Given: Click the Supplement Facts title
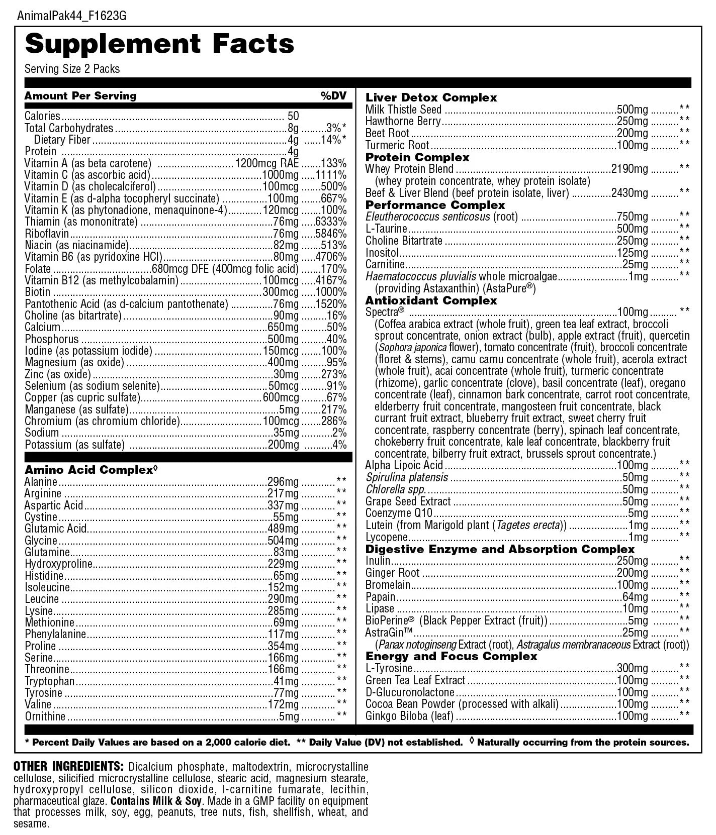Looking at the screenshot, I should point(159,44).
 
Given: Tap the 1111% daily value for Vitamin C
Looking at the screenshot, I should point(331,175).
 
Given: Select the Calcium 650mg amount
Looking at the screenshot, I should point(283,327).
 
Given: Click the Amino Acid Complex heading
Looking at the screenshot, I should point(88,470).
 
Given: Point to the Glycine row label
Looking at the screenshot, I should point(41,541).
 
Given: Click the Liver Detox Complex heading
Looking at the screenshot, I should point(431,97).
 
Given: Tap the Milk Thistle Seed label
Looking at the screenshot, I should point(403,110).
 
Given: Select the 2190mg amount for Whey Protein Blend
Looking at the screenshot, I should point(630,169).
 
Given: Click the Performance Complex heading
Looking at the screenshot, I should point(435,205).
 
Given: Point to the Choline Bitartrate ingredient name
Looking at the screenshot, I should point(404,241).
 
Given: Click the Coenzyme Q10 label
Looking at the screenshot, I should point(399,513).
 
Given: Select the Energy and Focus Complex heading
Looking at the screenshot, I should point(451,656).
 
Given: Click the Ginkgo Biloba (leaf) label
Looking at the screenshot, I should point(409,716).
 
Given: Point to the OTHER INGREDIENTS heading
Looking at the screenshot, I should point(68,767).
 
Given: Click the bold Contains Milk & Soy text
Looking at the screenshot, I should point(156,801).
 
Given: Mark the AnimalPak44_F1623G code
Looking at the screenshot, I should point(71,16).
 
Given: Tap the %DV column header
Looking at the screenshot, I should point(333,95).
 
